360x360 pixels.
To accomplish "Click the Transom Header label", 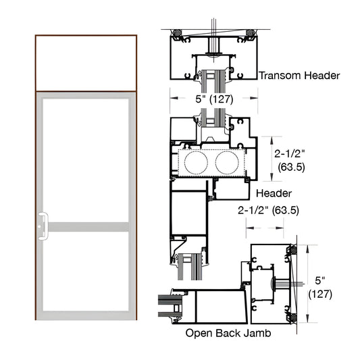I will (x=299, y=76).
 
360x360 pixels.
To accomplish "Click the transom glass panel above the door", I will (x=86, y=63).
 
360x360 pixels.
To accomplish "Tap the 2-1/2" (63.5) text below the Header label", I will (x=269, y=210).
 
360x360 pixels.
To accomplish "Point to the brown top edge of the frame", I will (x=86, y=35).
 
